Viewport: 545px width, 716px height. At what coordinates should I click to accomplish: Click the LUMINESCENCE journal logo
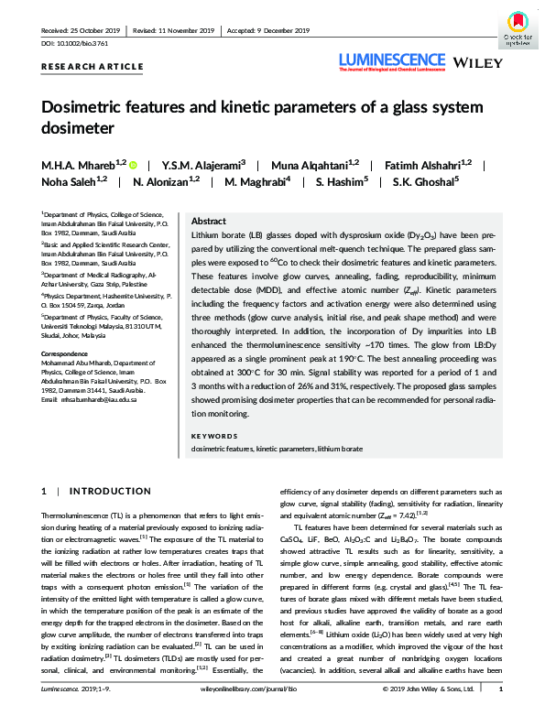[393, 60]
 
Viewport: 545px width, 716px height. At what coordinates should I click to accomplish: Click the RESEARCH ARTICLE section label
[93, 67]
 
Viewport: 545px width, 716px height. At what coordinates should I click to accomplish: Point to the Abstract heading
[208, 222]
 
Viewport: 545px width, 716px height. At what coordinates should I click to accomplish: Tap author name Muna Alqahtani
[324, 165]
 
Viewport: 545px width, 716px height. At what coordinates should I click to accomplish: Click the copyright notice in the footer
[432, 707]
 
